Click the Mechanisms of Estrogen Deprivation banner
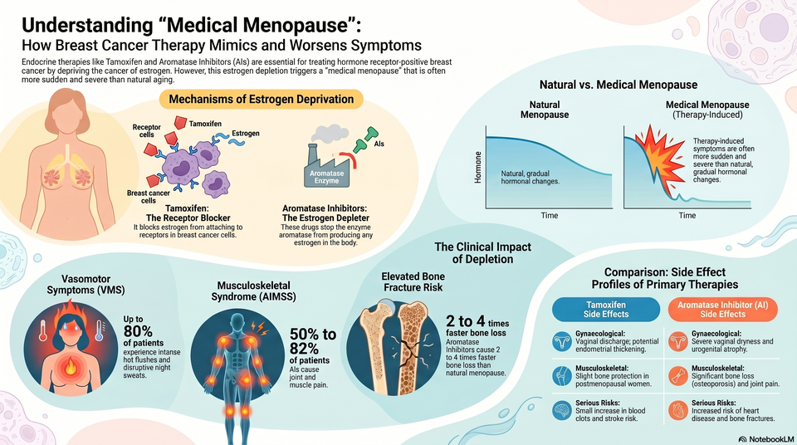[262, 99]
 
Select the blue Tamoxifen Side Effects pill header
[606, 310]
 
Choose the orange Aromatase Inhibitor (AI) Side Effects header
[722, 310]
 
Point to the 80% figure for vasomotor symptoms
[138, 331]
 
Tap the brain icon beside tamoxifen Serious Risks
[562, 410]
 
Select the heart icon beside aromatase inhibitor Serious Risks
[678, 410]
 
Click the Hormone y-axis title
[478, 168]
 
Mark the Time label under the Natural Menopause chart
[550, 215]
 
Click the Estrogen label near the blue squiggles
[246, 133]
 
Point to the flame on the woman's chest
[71, 365]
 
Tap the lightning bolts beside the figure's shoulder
[260, 328]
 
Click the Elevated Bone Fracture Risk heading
[413, 281]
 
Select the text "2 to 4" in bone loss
[465, 321]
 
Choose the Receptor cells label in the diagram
[146, 130]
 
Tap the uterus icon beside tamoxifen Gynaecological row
[562, 342]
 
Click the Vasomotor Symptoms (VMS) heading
[86, 285]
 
